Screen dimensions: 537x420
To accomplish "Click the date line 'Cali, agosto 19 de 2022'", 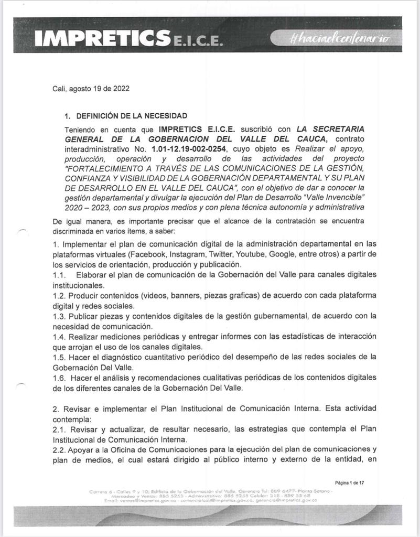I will tap(87, 89).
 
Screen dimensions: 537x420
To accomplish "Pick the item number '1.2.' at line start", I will tap(60, 295).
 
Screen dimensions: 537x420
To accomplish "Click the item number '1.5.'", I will tap(60, 357).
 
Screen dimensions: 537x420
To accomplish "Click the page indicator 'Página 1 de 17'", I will tap(349, 482).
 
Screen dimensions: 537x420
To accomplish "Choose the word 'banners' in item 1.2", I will tap(159, 295).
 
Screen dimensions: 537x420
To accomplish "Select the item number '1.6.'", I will tap(60, 378).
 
